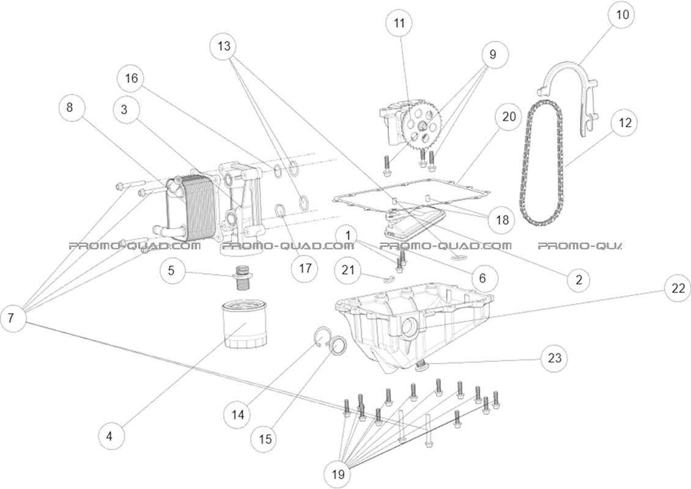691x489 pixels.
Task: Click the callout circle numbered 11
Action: [x=399, y=24]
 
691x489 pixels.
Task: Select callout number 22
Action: [x=678, y=289]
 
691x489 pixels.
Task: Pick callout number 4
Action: [x=110, y=436]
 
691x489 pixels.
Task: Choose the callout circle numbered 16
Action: [x=132, y=78]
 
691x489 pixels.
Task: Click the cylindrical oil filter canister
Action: [x=244, y=323]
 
